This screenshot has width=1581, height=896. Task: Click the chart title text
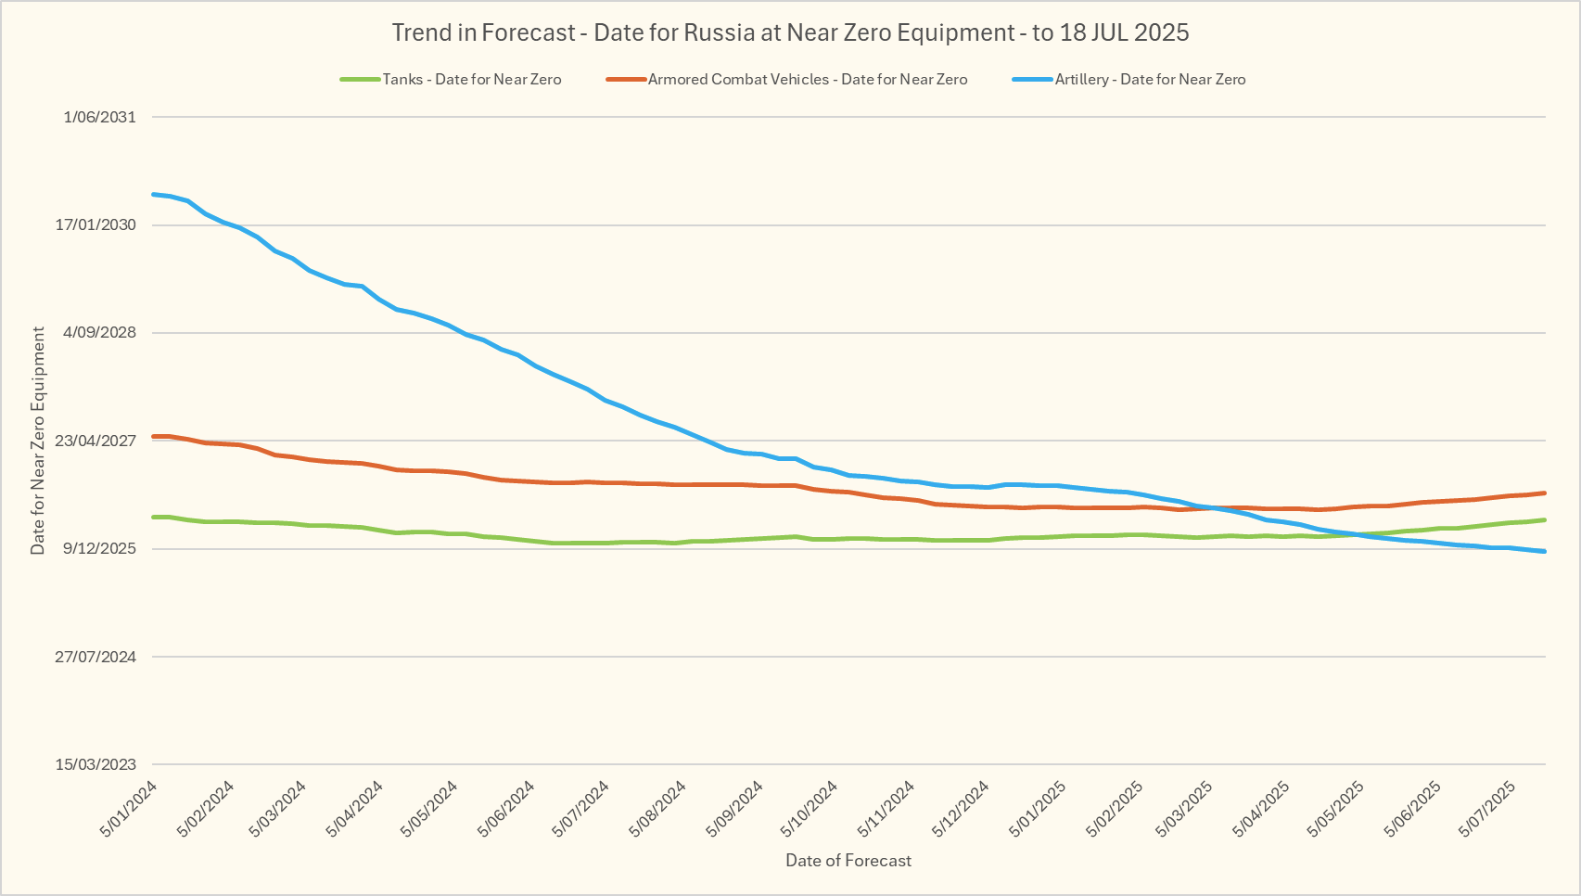(790, 32)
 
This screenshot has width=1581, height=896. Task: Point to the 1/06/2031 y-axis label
(99, 117)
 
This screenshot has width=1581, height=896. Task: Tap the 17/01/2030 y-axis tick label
(96, 224)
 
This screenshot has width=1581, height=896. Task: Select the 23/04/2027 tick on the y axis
(96, 441)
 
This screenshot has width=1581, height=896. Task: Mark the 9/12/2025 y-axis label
(99, 548)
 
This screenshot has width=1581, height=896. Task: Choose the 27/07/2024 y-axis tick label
(96, 657)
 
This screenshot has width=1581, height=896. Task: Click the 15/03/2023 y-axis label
(96, 764)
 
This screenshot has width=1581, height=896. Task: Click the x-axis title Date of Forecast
(848, 861)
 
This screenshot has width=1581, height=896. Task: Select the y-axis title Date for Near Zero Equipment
(38, 441)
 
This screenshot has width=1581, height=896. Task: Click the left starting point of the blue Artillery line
(153, 194)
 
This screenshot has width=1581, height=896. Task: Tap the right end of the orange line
(1544, 493)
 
